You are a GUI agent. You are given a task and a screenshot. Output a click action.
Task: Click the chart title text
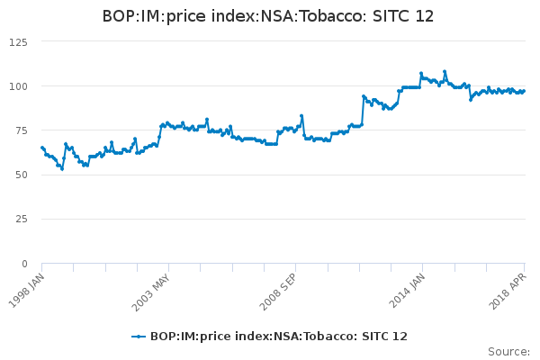coord(269,16)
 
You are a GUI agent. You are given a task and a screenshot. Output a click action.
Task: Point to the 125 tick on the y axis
coord(17,41)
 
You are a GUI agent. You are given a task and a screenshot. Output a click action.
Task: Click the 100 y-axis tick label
coord(17,86)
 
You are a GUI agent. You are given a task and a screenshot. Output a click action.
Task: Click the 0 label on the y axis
coord(23,264)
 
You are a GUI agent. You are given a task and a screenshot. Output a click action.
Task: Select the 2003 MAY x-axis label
coord(153,291)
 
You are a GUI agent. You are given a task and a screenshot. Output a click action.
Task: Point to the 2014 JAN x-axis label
coord(407,291)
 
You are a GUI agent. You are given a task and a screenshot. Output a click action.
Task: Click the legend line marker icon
coord(139,337)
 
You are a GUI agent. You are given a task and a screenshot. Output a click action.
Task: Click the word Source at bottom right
coord(508,352)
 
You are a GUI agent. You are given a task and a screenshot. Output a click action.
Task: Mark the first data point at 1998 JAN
coord(42,148)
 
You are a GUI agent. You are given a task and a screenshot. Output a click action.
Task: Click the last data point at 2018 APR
coord(524,91)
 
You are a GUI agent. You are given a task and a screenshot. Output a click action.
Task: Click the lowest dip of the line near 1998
coord(62,168)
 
